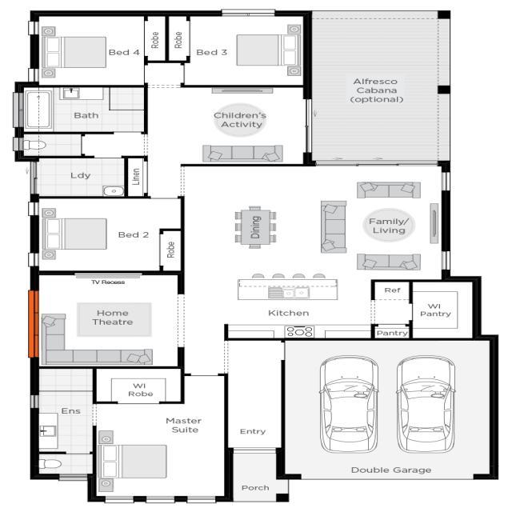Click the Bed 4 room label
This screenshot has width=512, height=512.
coord(124,53)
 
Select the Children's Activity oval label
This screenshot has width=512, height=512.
coord(239,120)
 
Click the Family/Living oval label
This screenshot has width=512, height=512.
coord(387,226)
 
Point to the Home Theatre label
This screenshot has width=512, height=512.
coord(113,318)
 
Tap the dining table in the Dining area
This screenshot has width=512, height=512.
coord(256,226)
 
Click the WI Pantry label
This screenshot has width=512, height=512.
coord(435,309)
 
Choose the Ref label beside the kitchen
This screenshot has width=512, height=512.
coord(391,290)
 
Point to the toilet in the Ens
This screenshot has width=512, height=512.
coord(50,464)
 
